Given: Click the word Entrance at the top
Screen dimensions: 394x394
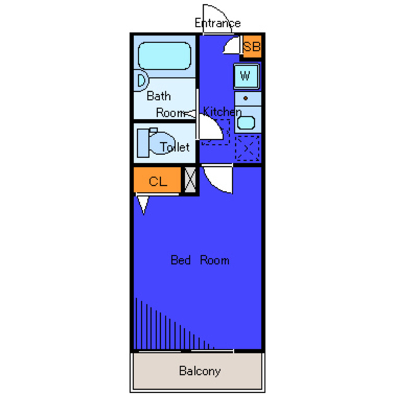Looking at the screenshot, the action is [x=217, y=23].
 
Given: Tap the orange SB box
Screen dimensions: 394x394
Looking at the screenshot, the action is [x=252, y=47].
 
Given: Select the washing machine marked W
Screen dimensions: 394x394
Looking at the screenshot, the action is [x=246, y=76].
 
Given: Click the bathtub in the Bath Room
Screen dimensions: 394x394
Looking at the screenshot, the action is [x=164, y=56].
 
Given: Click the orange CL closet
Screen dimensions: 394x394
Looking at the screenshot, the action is [x=158, y=180].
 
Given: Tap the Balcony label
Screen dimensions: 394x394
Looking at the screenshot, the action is [x=199, y=371].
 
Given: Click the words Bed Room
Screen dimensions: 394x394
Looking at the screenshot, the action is [x=199, y=260].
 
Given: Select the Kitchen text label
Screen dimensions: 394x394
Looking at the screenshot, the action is [x=222, y=111].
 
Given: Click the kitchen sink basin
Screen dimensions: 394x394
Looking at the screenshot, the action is [x=246, y=123].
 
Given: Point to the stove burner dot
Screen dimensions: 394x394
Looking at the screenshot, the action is [x=246, y=98].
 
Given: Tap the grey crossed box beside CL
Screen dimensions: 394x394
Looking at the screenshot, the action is [x=190, y=180].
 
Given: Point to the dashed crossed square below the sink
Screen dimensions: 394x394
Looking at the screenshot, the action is [x=247, y=148].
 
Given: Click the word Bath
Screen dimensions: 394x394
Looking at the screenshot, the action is [x=159, y=96].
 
